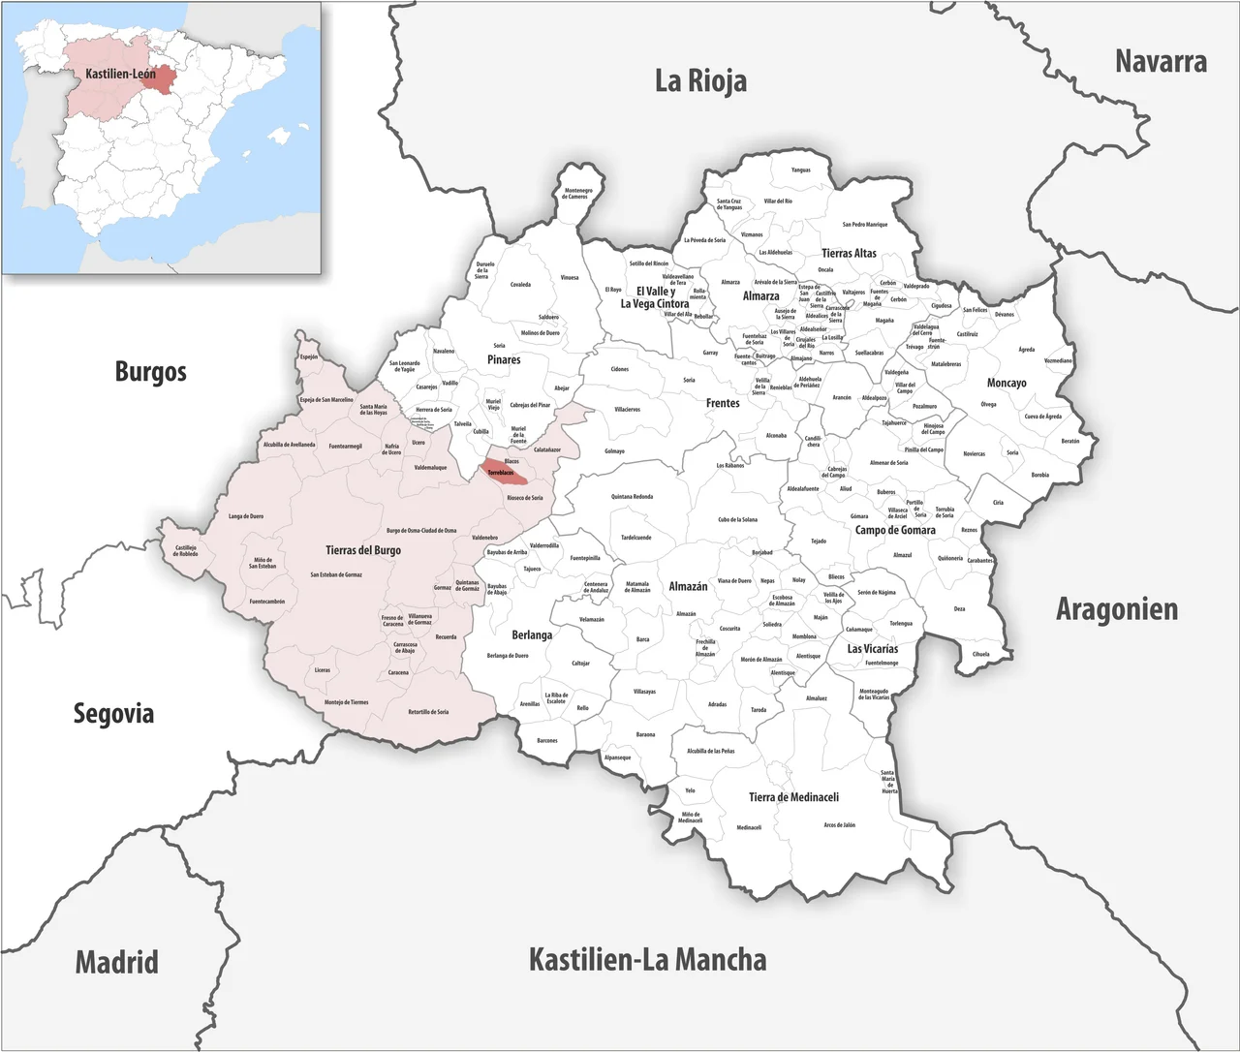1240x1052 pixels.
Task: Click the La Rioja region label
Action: [x=700, y=80]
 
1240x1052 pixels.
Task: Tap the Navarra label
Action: [x=1160, y=62]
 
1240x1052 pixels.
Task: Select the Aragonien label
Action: [x=1116, y=609]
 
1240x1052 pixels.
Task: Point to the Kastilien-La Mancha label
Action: [x=647, y=960]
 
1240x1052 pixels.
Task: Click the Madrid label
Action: [x=116, y=963]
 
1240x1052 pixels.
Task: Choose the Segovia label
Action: [x=113, y=714]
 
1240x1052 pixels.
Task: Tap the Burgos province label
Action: [x=150, y=371]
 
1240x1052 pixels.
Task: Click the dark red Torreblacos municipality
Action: [x=505, y=473]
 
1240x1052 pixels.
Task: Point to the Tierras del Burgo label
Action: [x=363, y=550]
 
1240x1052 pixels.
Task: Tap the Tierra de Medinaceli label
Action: [x=793, y=797]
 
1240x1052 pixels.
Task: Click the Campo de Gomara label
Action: [x=895, y=530]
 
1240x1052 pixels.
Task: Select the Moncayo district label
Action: [x=1007, y=383]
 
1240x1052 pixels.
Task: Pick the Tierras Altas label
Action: [x=849, y=253]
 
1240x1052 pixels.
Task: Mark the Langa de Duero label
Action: [x=245, y=516]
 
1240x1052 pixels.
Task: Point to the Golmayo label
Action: [x=614, y=451]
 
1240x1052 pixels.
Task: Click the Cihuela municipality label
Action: [x=980, y=654]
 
